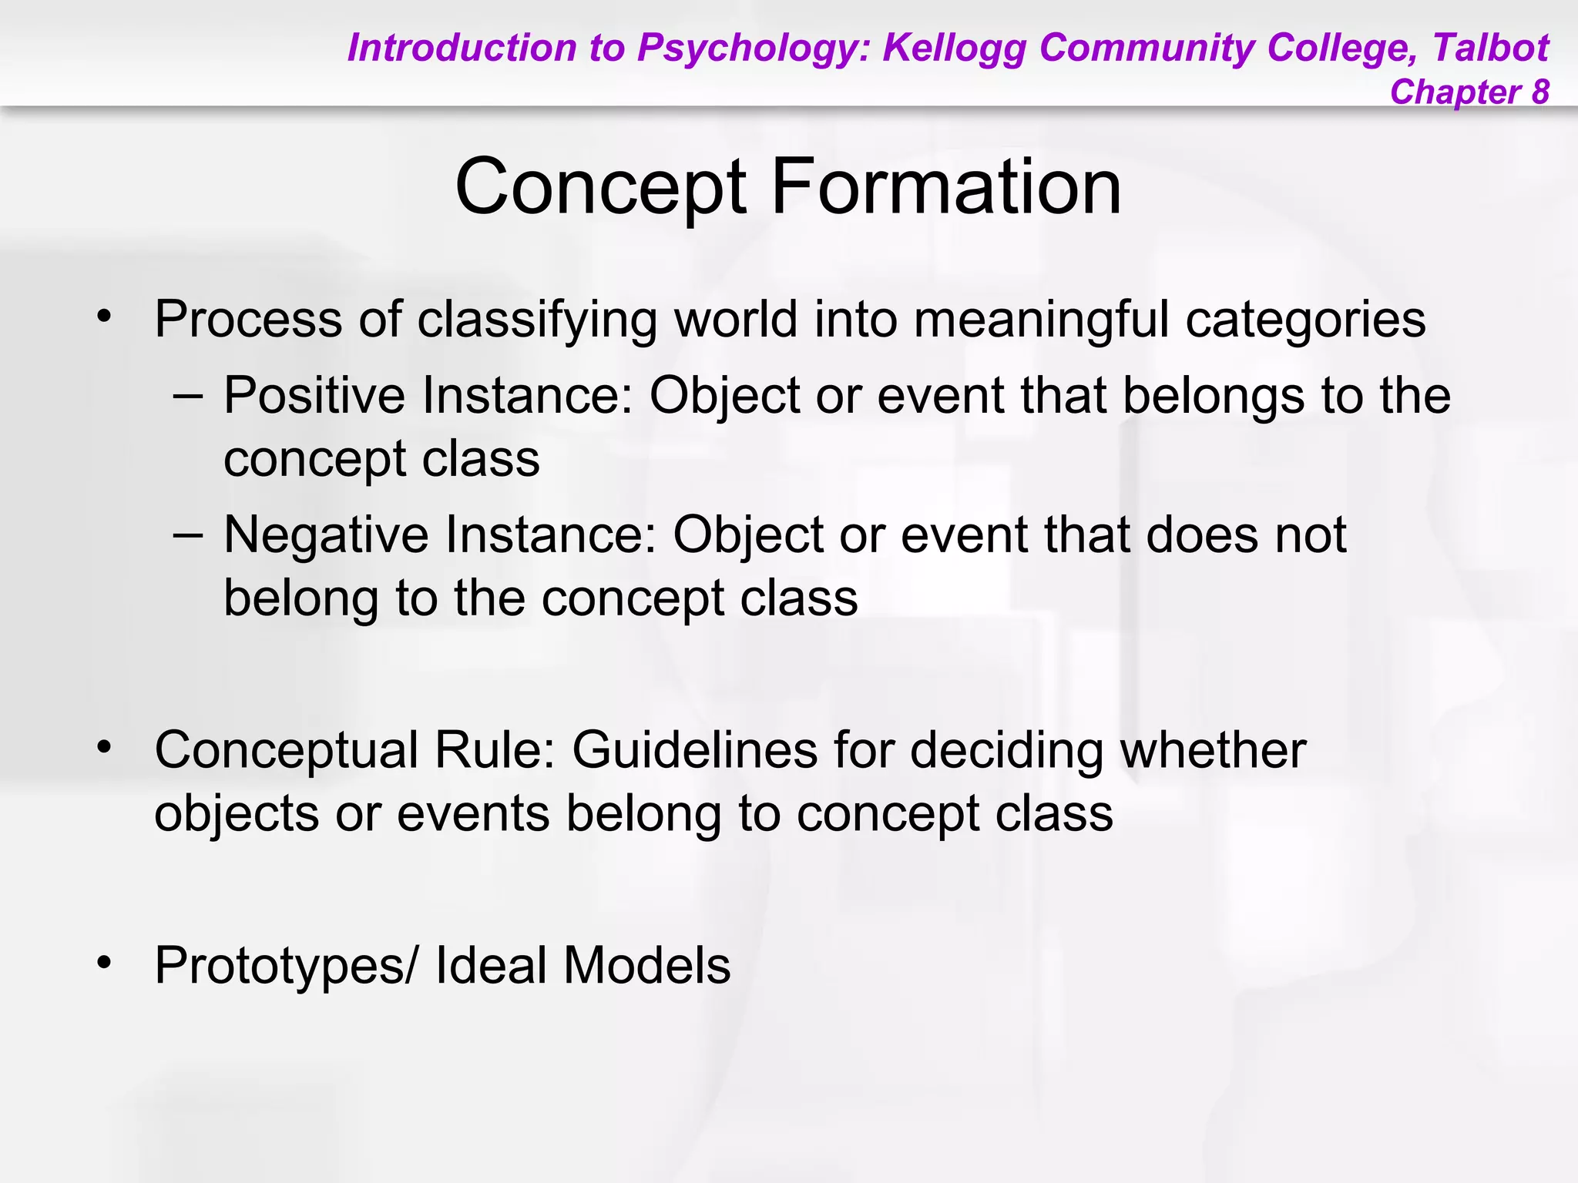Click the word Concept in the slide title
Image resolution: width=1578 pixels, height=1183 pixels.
tap(600, 187)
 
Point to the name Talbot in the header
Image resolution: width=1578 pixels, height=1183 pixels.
tap(1490, 48)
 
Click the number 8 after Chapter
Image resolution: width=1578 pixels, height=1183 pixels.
tap(1539, 92)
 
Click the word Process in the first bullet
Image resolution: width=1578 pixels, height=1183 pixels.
tap(248, 319)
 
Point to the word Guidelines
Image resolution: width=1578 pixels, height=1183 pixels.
tap(694, 750)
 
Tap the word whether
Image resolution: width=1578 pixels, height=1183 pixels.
tap(1213, 750)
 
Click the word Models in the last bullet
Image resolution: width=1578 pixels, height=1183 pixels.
tap(646, 966)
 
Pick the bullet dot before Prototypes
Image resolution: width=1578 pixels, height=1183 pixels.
tap(104, 963)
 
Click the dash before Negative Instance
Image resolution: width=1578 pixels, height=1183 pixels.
tap(188, 535)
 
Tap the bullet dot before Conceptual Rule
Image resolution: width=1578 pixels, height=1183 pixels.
tap(104, 747)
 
